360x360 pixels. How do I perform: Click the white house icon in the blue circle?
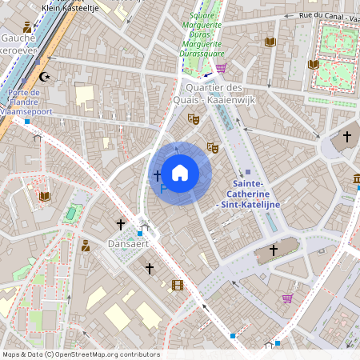(180, 172)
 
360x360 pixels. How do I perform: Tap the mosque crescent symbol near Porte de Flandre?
(44, 77)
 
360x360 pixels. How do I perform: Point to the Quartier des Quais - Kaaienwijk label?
(214, 93)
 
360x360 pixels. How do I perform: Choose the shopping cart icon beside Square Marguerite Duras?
(221, 68)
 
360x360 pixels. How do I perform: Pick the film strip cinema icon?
(178, 284)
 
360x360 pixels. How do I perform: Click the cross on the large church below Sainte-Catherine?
(273, 250)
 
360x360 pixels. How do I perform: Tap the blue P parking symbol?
(163, 189)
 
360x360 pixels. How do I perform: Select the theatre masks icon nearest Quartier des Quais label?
(193, 118)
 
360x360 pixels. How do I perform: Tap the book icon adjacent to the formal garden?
(314, 64)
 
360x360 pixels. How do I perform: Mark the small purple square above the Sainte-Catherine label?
(248, 172)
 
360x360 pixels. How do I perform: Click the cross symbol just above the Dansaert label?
(121, 224)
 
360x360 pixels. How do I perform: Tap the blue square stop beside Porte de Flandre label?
(27, 122)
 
